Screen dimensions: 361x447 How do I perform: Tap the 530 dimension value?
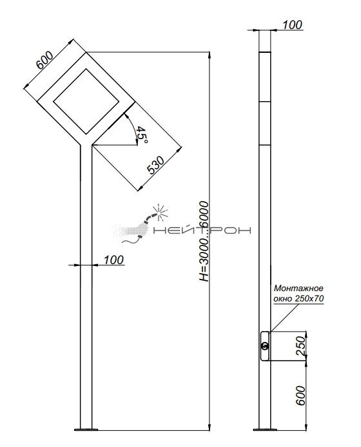tap(155, 165)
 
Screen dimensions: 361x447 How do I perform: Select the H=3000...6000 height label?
tap(204, 241)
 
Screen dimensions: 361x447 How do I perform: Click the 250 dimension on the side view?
tap(301, 345)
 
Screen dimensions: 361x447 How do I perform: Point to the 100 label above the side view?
tap(292, 25)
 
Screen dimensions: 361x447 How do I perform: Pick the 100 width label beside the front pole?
tap(113, 260)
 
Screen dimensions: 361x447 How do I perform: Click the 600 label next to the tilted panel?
tap(44, 60)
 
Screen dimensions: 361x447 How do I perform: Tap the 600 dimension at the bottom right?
tap(301, 395)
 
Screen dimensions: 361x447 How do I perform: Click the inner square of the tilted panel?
tap(86, 102)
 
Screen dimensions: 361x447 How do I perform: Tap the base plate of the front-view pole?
tap(86, 429)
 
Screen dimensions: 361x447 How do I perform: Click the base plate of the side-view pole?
tap(265, 430)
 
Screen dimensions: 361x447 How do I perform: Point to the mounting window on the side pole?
tap(265, 346)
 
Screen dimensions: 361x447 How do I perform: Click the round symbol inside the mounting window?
tap(265, 346)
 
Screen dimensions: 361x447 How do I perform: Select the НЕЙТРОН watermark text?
tap(202, 230)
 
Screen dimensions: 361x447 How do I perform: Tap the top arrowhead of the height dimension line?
tap(210, 55)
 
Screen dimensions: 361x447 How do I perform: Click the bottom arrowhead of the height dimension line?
tap(210, 427)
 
